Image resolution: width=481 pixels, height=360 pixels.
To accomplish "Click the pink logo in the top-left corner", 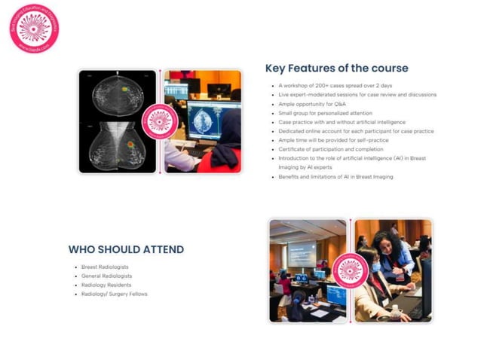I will click(34, 29).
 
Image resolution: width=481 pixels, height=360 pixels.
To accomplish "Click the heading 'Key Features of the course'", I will click(336, 69).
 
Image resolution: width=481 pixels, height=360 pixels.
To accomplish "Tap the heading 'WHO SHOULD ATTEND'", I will click(126, 249).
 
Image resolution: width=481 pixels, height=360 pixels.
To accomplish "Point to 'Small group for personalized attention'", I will click(320, 113).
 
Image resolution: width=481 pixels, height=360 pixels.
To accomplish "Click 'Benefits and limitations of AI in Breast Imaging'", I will click(335, 176).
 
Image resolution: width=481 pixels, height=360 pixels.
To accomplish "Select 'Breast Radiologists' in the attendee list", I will click(106, 267).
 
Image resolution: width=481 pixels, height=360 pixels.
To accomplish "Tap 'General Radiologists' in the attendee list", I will click(107, 276).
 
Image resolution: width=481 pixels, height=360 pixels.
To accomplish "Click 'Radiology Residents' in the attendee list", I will click(106, 285).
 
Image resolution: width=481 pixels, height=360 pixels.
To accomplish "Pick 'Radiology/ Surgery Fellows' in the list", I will click(115, 294).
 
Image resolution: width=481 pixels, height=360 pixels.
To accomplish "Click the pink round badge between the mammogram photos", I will click(161, 121).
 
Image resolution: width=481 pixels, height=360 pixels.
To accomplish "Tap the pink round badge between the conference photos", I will click(350, 270).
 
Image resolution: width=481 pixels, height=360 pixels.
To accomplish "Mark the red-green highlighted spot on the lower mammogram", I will click(130, 143).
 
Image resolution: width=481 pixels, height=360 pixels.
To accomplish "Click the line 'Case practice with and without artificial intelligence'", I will click(342, 122).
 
